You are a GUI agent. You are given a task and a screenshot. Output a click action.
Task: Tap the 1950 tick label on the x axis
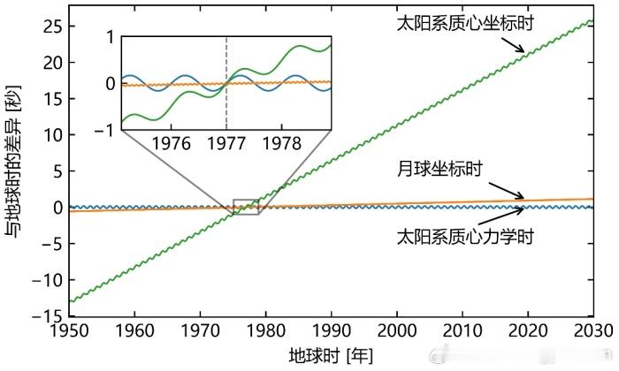pyautogui.click(x=69, y=329)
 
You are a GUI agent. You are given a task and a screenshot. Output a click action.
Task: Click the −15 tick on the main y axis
pyautogui.click(x=49, y=315)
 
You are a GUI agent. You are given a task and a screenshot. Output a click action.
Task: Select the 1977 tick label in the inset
pyautogui.click(x=226, y=142)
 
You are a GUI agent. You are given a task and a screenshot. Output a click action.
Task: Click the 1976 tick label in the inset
pyautogui.click(x=172, y=142)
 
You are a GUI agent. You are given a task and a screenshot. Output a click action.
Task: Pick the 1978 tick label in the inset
pyautogui.click(x=280, y=142)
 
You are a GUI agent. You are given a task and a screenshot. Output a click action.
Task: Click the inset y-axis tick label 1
pyautogui.click(x=111, y=37)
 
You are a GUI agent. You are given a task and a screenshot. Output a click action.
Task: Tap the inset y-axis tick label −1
pyautogui.click(x=107, y=130)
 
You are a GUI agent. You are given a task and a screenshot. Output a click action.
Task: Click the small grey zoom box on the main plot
pyautogui.click(x=246, y=207)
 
